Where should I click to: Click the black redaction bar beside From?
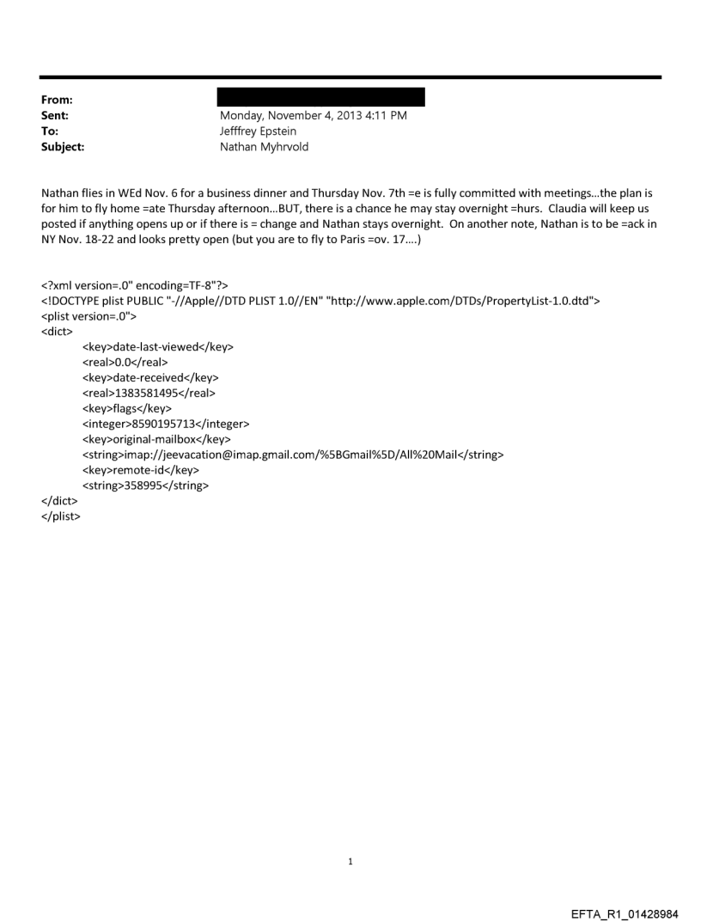tap(320, 97)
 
